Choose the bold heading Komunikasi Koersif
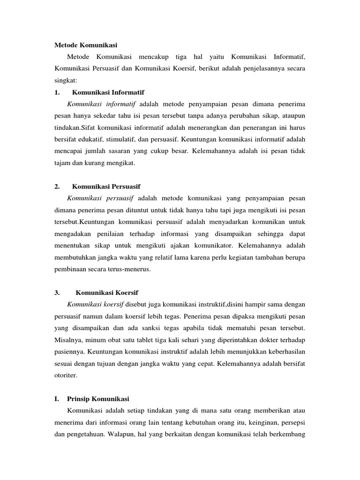pyautogui.click(x=107, y=292)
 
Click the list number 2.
pyautogui.click(x=57, y=187)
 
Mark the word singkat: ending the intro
pyautogui.click(x=64, y=80)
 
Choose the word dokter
pyautogui.click(x=270, y=339)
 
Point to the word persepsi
pyautogui.click(x=292, y=422)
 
